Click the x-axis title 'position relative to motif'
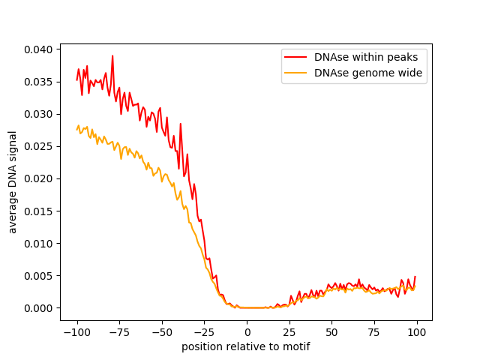coord(246,347)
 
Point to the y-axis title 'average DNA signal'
coord(13,181)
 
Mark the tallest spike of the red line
coord(112,56)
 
